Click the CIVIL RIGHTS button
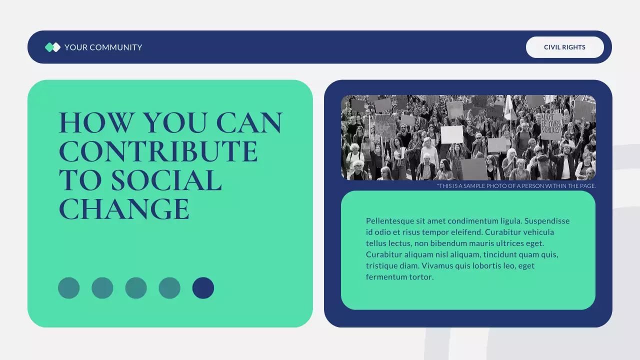(564, 47)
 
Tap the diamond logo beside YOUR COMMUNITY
(52, 47)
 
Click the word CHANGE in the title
(124, 209)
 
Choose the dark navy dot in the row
(203, 288)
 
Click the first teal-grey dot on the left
(69, 288)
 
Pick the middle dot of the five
(136, 288)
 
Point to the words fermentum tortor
(399, 277)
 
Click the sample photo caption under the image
(516, 186)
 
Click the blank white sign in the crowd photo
(451, 134)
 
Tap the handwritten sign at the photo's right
(551, 125)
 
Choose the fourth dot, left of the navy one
(169, 288)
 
